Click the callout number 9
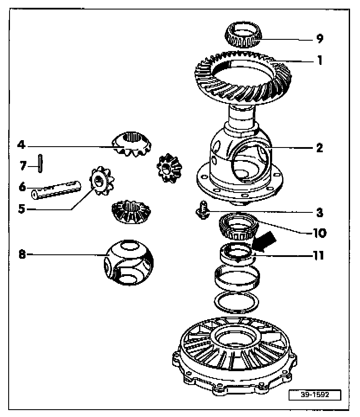319,39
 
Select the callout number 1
319,60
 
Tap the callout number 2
319,148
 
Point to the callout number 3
319,212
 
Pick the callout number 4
20,144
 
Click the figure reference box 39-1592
315,395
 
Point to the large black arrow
265,241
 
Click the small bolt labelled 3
201,212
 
